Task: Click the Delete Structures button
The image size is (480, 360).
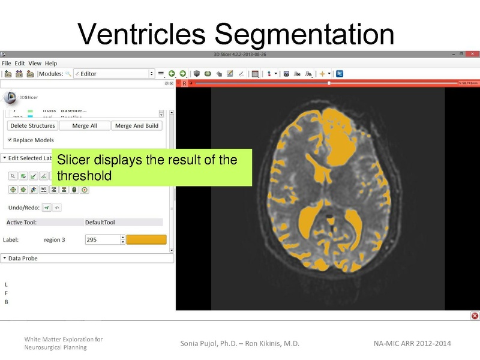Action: [x=33, y=126]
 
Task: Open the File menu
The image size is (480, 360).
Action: [x=7, y=63]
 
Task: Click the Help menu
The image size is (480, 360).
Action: [x=51, y=63]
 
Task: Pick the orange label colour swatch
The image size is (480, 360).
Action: [x=146, y=239]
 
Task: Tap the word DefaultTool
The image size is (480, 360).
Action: [x=100, y=222]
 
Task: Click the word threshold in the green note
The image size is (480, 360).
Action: [x=84, y=176]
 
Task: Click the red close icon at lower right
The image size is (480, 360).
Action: [x=475, y=316]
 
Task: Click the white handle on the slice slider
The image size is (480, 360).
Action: [x=328, y=83]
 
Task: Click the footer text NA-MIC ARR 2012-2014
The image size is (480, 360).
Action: [x=412, y=343]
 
